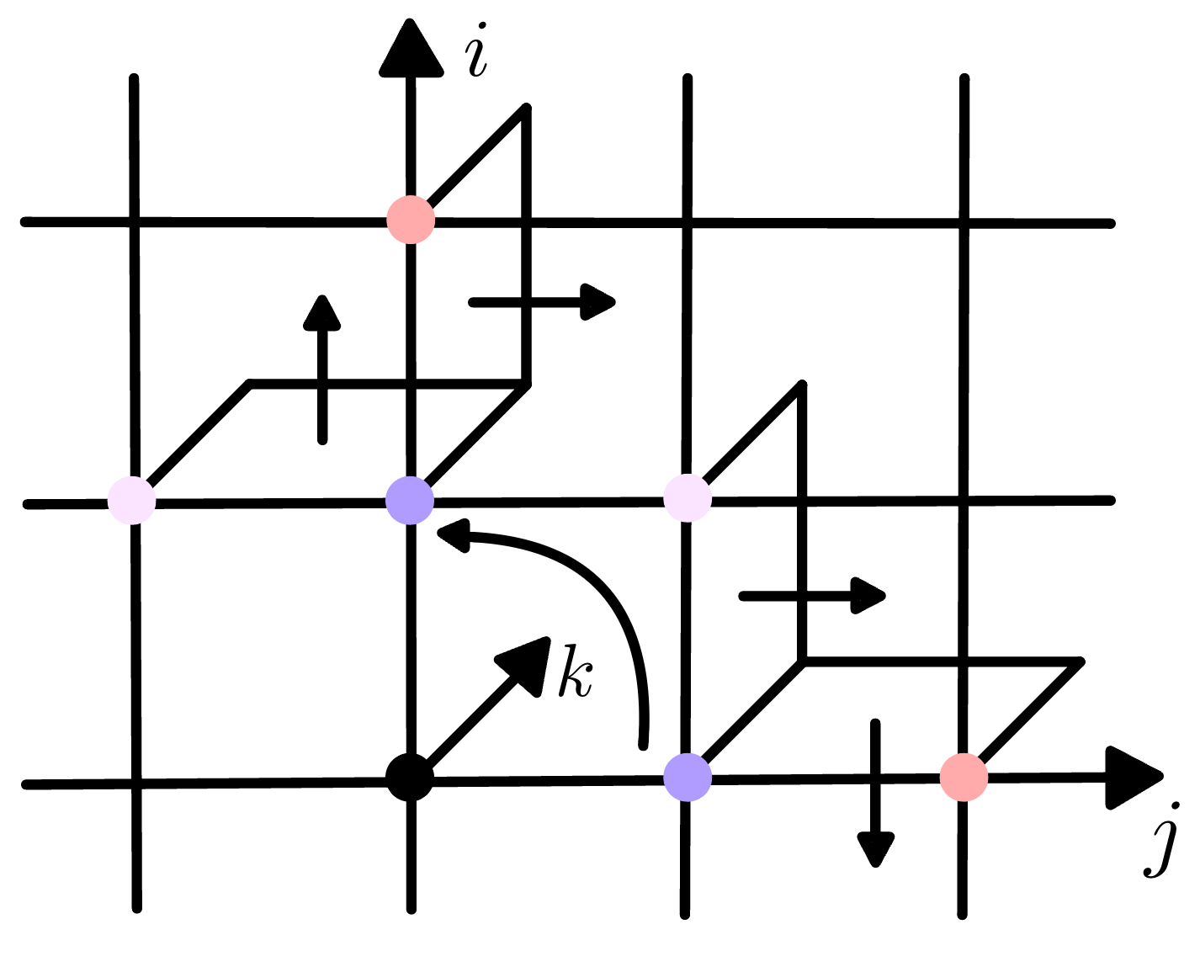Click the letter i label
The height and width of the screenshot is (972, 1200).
(x=478, y=54)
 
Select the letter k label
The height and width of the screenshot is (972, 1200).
(x=576, y=672)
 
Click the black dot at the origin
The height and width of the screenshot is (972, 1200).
(x=410, y=778)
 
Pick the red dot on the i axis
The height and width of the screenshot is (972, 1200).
(x=411, y=220)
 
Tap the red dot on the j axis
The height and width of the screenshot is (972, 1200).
(x=964, y=777)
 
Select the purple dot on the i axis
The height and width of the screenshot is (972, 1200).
(x=410, y=501)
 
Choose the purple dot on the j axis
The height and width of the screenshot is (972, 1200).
(x=688, y=777)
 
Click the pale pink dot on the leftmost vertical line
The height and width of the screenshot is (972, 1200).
(x=132, y=500)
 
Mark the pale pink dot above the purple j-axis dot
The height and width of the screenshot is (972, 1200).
(x=688, y=498)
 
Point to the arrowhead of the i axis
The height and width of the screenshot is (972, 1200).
(x=412, y=50)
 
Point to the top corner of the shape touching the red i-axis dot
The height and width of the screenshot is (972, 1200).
(x=526, y=109)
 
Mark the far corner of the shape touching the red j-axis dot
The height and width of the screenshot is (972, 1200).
(x=1080, y=661)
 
